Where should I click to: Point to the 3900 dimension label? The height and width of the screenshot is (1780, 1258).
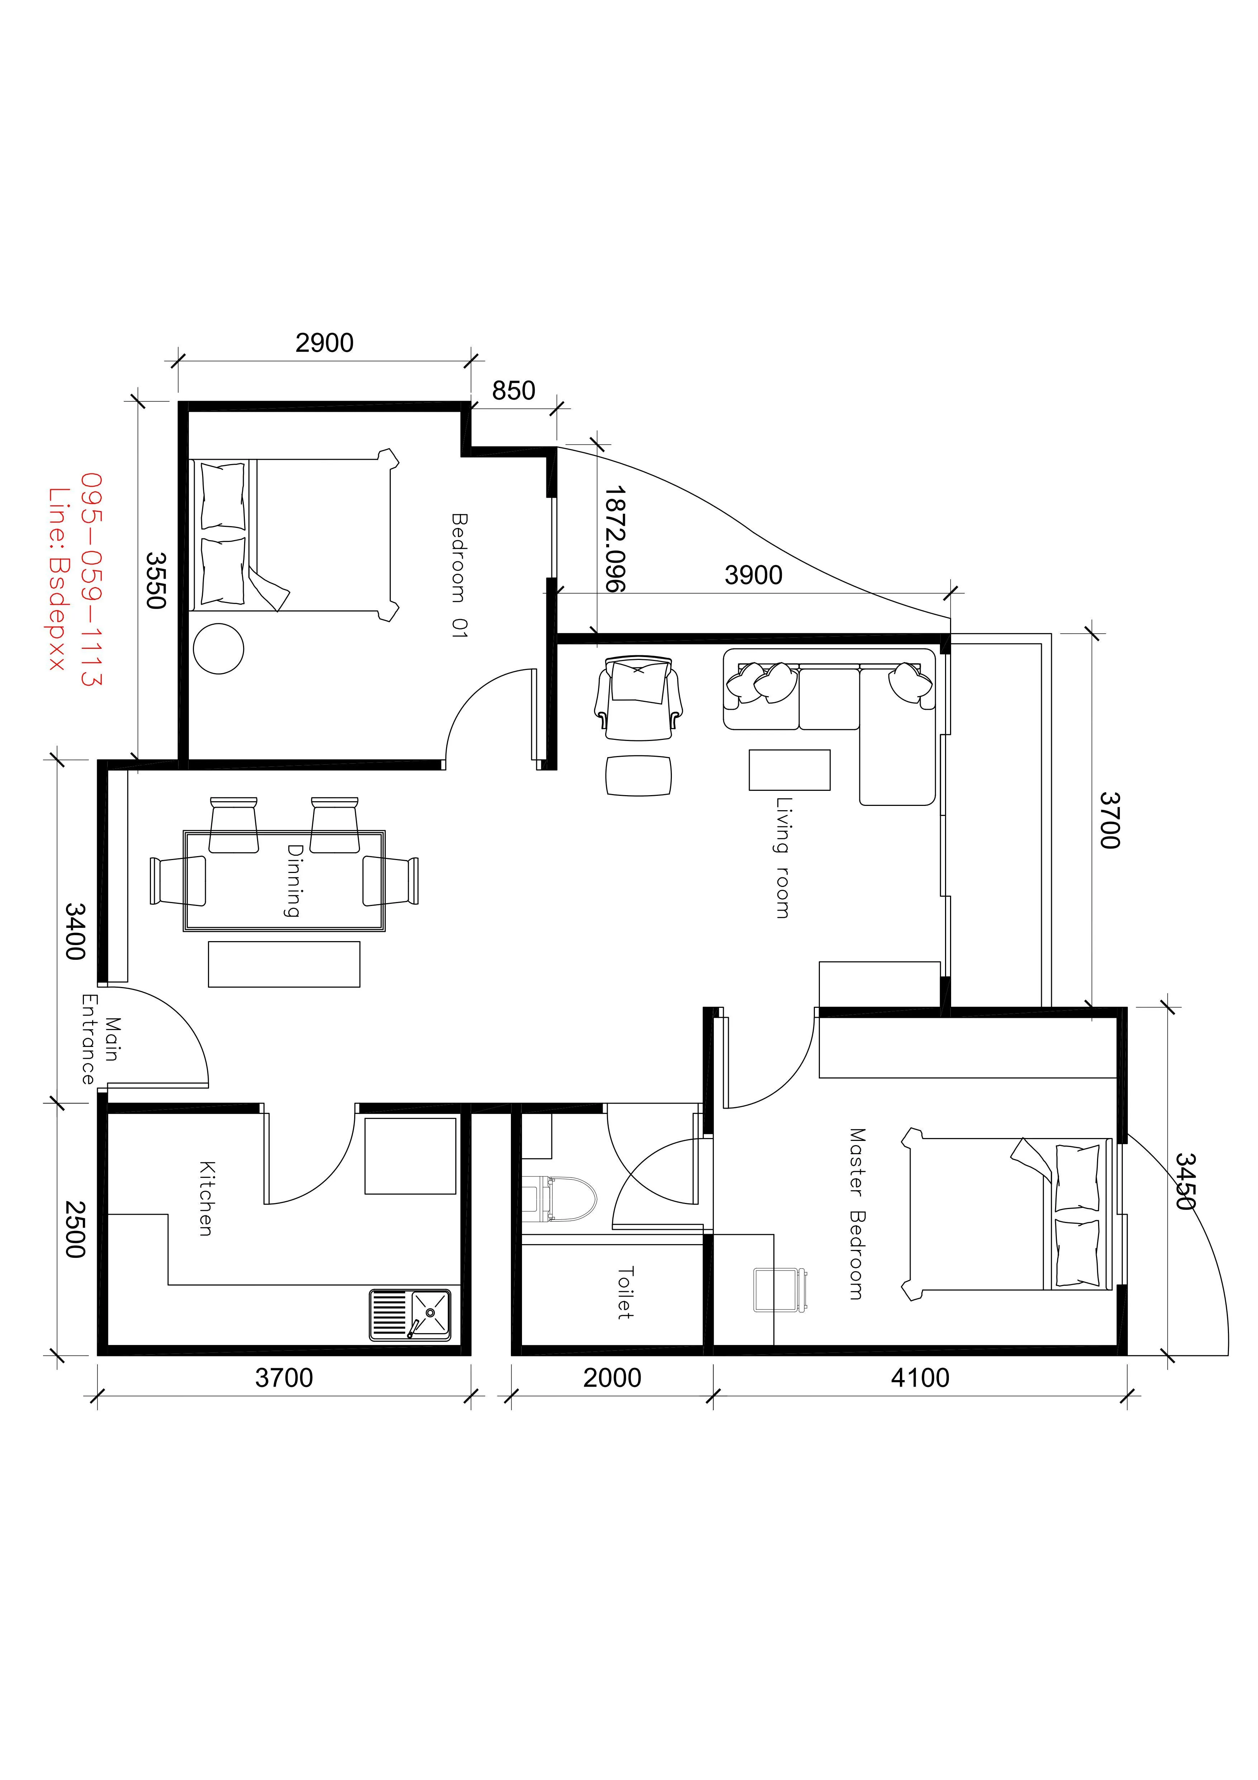tap(754, 575)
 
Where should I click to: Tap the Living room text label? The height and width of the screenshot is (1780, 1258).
tap(784, 858)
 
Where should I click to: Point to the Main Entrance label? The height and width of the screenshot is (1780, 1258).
tap(100, 1040)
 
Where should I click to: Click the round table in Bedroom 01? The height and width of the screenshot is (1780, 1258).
tap(219, 648)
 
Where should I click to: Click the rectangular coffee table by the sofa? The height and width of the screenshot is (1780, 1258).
tap(790, 770)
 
